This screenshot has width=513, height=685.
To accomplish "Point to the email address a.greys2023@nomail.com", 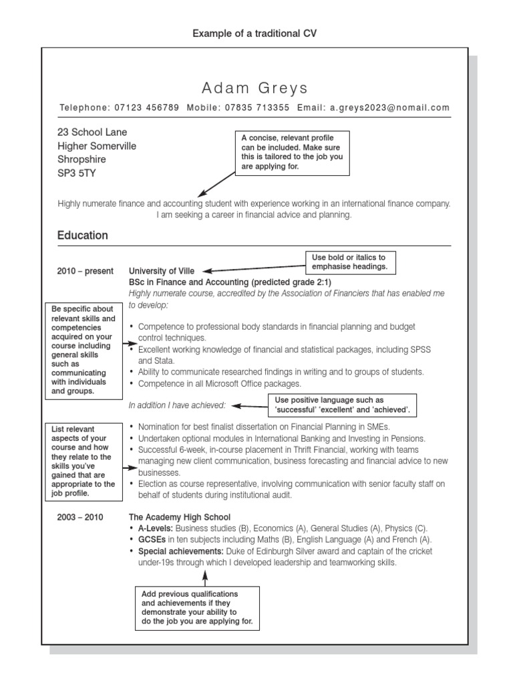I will (389, 108).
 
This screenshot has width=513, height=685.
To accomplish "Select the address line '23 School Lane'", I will (92, 132).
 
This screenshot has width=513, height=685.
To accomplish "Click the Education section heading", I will (82, 235).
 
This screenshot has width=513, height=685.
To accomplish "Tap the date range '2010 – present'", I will (85, 272).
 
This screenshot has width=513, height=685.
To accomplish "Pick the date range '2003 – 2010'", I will (81, 517).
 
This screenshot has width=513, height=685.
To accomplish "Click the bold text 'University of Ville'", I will (162, 272).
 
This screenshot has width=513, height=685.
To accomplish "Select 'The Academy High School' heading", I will (179, 517).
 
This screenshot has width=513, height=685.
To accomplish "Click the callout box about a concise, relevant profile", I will (293, 153).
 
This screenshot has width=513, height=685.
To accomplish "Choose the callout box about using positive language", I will (343, 405).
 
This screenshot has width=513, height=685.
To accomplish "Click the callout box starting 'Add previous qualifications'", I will (197, 607).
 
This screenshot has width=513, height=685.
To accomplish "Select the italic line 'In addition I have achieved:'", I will (177, 405).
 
